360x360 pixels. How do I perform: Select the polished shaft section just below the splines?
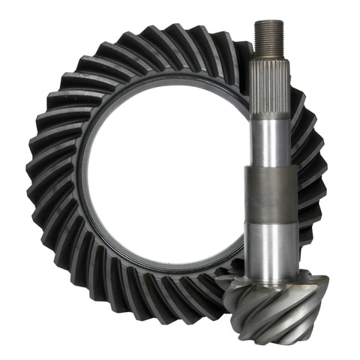268,135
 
